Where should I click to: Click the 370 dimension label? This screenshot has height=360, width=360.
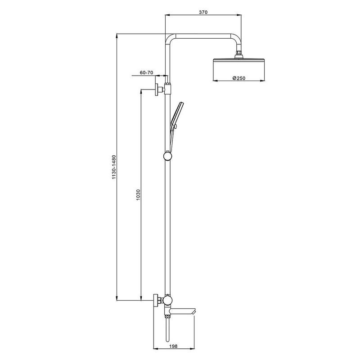click(203, 12)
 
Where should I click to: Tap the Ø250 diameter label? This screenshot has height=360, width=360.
click(239, 78)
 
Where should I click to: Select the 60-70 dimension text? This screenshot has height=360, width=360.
click(147, 72)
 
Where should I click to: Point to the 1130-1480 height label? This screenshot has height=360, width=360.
click(114, 167)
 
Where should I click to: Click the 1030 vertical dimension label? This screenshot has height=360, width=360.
click(138, 195)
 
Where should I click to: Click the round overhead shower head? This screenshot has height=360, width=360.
click(239, 70)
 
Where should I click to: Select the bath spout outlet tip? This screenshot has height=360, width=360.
click(193, 311)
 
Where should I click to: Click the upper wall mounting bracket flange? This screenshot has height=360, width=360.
click(157, 89)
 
